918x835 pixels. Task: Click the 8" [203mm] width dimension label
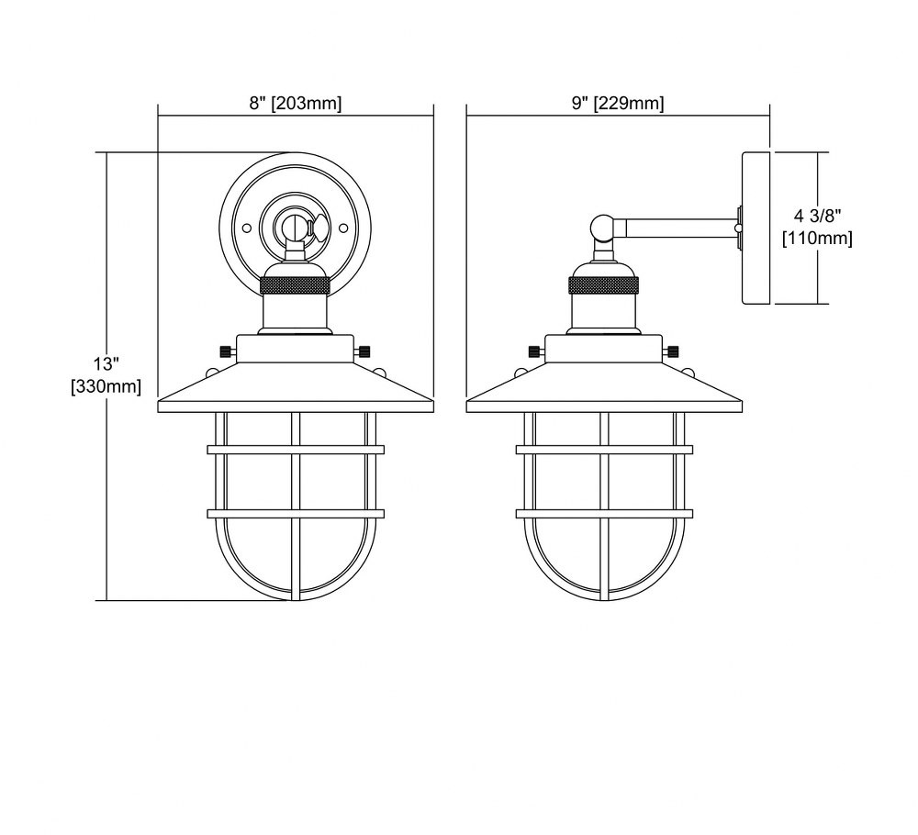295,104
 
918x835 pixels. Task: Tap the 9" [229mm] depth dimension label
618,104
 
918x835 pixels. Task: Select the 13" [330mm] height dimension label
106,375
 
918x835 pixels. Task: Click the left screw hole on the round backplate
246,227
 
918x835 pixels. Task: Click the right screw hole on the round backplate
345,227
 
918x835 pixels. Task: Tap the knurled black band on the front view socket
296,286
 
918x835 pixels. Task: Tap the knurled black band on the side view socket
604,286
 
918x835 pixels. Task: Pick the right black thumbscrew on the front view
364,351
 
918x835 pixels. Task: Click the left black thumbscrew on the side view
535,351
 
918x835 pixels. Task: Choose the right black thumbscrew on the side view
673,351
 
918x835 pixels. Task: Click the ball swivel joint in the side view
602,227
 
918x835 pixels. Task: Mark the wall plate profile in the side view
757,228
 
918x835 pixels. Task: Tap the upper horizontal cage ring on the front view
296,450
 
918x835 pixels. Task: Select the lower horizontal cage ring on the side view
604,514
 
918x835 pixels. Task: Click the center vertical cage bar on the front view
296,506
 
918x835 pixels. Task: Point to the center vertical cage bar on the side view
604,506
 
